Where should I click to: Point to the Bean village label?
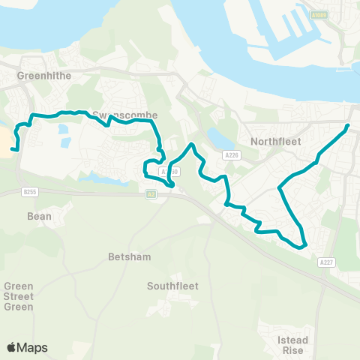(x=39, y=216)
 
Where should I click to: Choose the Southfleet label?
(x=172, y=286)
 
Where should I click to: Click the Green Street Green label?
(x=19, y=296)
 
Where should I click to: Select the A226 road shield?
(x=231, y=154)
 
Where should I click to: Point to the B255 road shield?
(x=29, y=192)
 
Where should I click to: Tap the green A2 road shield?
(x=151, y=194)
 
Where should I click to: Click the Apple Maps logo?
(x=28, y=347)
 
